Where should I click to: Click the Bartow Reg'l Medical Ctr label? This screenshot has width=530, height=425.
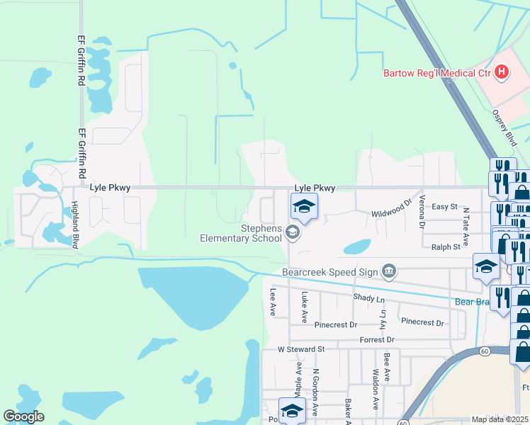click(436, 72)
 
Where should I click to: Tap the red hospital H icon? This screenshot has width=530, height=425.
click(502, 72)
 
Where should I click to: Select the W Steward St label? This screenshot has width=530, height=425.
click(300, 349)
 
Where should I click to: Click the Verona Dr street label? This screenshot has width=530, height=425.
click(422, 211)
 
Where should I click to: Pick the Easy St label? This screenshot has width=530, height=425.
click(445, 206)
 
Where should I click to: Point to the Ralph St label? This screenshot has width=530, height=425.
click(446, 246)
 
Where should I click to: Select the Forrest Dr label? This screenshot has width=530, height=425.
click(376, 339)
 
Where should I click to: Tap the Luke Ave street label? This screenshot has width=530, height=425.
click(305, 307)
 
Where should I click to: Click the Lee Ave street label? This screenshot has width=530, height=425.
click(272, 301)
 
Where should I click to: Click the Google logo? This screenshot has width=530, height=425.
click(24, 416)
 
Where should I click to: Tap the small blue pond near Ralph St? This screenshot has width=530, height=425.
click(357, 247)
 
